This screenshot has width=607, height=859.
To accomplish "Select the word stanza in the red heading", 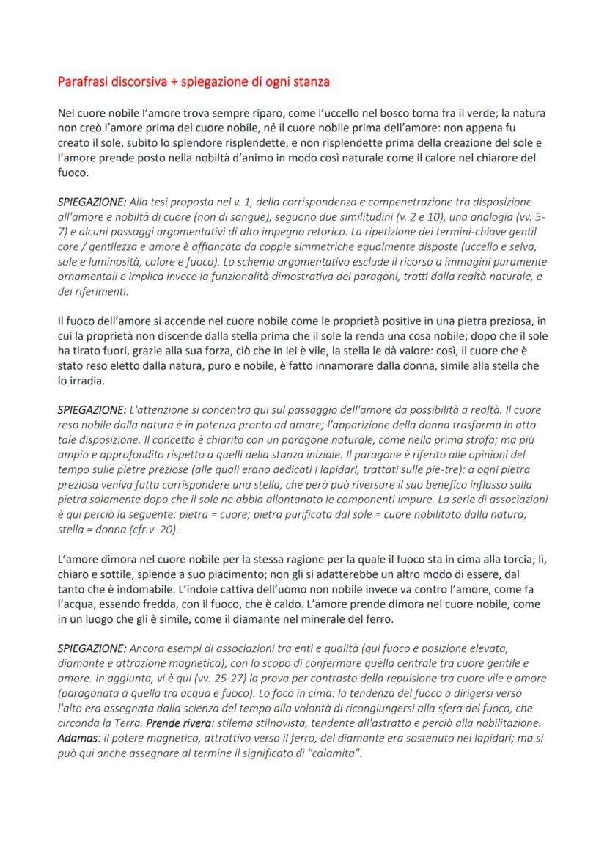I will (309, 81).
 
